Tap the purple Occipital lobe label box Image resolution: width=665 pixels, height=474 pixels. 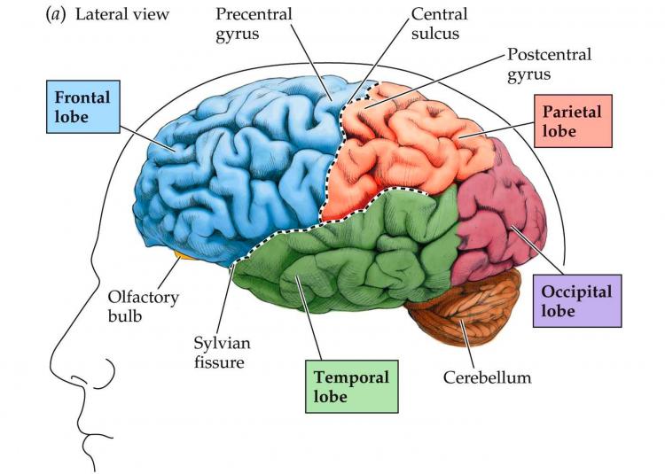576,300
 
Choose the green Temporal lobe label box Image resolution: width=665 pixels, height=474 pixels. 351,386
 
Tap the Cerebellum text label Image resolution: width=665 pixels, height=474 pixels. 487,377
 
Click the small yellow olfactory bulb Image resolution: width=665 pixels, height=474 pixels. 184,256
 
